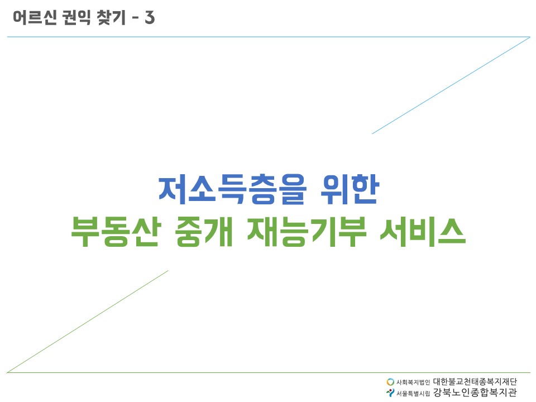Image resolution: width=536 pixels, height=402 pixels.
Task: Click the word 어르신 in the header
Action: coord(35,17)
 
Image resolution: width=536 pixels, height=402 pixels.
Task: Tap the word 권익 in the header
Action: coord(76,17)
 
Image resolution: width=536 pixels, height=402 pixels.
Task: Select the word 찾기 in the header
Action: coord(112,17)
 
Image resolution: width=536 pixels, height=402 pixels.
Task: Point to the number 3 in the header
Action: coord(150,17)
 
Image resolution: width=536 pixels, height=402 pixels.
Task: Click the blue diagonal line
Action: coord(451,85)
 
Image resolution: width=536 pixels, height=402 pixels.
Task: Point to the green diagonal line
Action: coord(88,322)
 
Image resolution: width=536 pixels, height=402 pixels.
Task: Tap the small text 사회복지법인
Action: coord(413,382)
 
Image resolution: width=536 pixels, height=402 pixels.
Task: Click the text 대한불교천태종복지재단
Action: coord(475,381)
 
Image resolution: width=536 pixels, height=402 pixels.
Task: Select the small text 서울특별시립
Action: coord(413,394)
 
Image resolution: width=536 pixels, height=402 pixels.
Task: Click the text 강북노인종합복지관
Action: coord(475,392)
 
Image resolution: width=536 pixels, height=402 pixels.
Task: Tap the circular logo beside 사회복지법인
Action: coord(390,382)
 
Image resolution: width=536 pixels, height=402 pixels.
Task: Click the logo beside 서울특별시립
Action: coord(390,393)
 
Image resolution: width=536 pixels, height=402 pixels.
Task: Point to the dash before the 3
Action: coord(135,18)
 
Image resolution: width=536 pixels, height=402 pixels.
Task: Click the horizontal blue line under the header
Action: coord(269,37)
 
